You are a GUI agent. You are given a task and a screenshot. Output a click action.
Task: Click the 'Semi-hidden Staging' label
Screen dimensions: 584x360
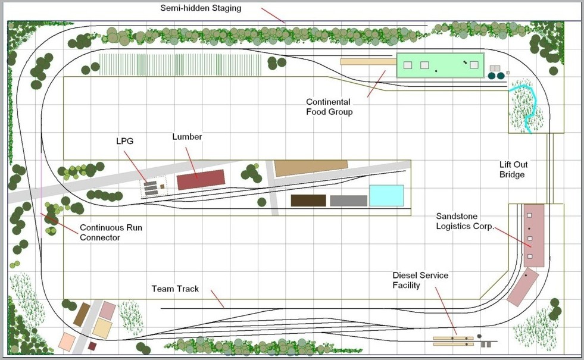coord(201,8)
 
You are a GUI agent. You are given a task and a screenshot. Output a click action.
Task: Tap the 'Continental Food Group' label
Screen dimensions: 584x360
coord(329,107)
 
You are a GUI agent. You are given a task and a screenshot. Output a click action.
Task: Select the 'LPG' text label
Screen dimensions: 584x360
coord(125,141)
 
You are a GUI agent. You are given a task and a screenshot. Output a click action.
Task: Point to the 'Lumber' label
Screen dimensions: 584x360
coord(187,137)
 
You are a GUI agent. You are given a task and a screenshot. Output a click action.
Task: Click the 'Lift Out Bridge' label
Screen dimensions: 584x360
coord(513,170)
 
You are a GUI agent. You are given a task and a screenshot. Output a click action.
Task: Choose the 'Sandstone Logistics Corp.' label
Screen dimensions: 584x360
coord(465,221)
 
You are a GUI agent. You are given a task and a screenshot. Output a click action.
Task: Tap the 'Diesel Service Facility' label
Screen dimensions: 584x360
coord(420,280)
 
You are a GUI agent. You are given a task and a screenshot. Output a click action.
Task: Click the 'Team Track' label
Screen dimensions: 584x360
coord(175,289)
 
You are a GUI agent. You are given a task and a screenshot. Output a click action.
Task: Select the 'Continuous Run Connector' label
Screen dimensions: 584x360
coord(111,232)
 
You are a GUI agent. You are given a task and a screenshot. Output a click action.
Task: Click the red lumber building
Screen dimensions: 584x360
coord(201,180)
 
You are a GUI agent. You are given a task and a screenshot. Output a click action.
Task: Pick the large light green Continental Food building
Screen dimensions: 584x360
coord(441,65)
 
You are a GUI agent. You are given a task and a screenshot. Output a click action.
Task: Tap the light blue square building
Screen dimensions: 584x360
coord(386,195)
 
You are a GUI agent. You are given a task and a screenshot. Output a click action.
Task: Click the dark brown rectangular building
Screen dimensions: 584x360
coord(308,201)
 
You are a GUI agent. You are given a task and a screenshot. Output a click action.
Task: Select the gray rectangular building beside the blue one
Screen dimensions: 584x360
coord(349,201)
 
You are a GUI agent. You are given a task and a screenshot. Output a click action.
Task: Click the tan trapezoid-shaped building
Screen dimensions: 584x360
coord(311,168)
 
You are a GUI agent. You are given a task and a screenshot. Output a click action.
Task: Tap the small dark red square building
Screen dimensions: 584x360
coord(92,346)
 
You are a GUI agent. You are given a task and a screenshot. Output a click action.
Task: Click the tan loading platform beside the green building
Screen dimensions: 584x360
coord(368,61)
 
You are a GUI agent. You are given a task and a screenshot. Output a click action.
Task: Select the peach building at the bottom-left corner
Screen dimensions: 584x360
coord(67,342)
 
